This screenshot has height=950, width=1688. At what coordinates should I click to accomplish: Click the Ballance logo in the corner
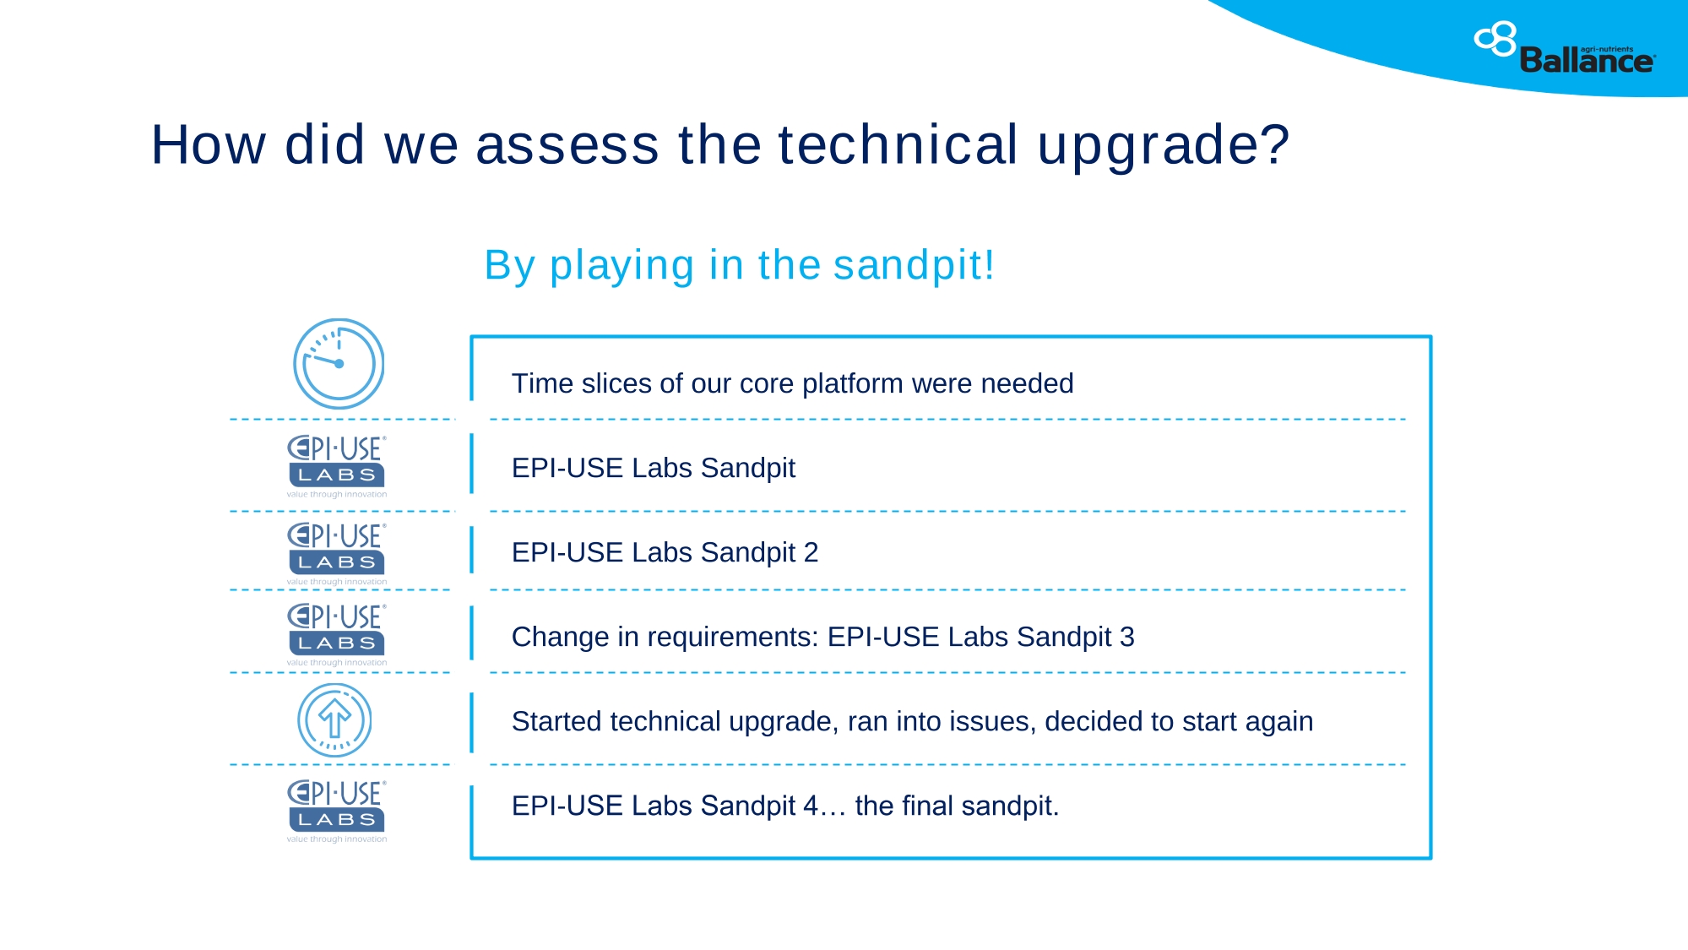[x=1565, y=48]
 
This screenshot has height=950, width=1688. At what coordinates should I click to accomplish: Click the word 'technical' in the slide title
[x=898, y=144]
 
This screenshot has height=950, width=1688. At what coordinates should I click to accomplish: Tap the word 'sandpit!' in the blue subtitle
[x=915, y=265]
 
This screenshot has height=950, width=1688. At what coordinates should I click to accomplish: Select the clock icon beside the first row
[x=339, y=364]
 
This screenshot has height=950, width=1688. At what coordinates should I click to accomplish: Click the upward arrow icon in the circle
[x=334, y=720]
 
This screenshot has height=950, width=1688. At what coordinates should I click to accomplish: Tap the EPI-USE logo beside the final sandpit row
[x=337, y=811]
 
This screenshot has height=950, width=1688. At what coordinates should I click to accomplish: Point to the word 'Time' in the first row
[x=542, y=383]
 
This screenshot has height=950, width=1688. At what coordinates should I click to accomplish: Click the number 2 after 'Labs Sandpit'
[x=811, y=552]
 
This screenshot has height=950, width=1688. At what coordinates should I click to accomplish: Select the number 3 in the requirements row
[x=1127, y=637]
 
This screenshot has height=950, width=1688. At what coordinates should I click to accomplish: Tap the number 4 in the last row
[x=811, y=806]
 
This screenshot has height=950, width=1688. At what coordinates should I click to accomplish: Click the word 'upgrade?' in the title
[x=1164, y=145]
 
